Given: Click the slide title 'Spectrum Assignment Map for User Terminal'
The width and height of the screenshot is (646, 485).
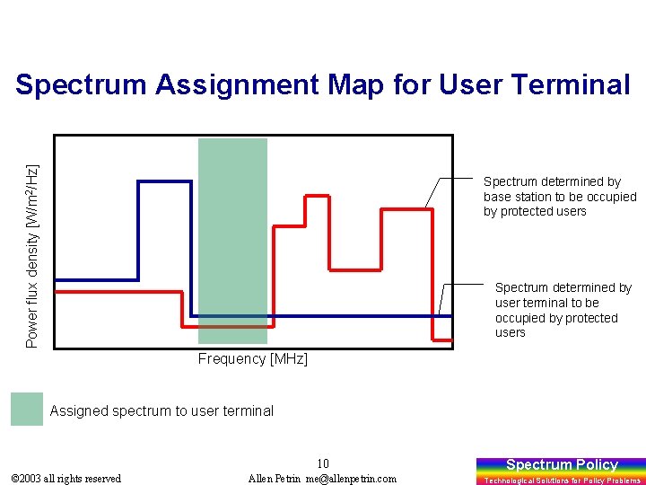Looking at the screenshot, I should coord(323,84).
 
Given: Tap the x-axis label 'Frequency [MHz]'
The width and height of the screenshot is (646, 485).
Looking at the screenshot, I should coord(252,359).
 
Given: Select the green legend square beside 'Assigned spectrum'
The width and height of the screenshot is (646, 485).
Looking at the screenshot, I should coord(27,410).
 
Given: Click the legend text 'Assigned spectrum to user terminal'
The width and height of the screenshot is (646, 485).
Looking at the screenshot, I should coord(161,410).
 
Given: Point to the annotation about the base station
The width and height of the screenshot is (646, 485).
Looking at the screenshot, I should coord(559,197).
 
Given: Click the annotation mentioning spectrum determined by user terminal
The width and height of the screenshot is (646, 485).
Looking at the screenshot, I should coord(563,310).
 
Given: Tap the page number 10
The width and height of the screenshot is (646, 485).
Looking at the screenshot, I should coord(323,463).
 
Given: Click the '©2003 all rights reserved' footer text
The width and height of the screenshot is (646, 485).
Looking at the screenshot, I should coord(65,479).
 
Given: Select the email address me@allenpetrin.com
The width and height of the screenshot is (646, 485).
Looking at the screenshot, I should coord(351,479).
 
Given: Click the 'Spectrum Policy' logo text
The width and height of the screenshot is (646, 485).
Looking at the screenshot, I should coord(562,464).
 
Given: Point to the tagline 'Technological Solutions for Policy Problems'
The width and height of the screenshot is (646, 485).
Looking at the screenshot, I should coord(562,481).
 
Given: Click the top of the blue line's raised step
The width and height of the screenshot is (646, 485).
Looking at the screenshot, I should coord(164,181).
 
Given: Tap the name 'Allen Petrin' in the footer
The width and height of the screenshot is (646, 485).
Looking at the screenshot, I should coord(275,479).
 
